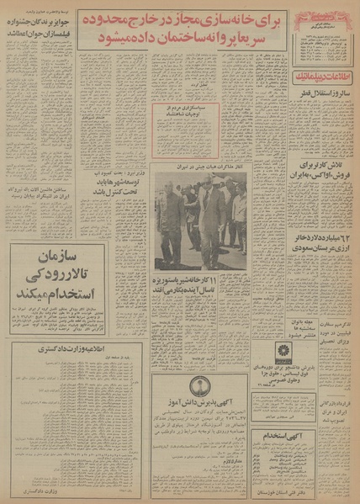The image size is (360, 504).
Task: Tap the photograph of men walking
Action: point(200,222)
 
